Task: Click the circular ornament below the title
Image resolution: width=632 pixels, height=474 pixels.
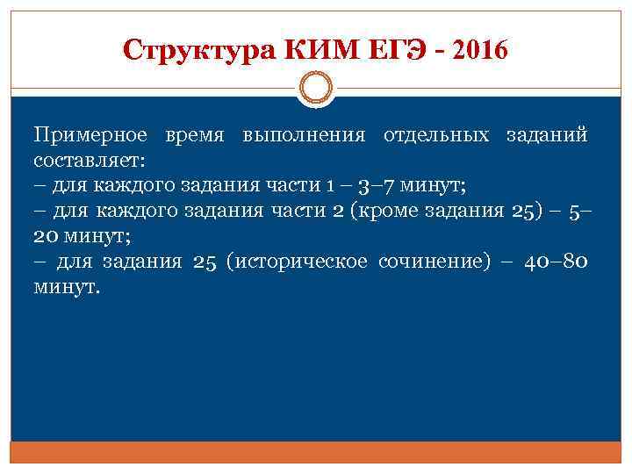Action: [x=315, y=90]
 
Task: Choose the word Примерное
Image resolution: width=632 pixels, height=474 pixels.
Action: [x=92, y=136]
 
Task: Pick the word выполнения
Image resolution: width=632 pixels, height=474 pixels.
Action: [x=304, y=136]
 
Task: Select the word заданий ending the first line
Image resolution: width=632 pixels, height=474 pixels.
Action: [x=547, y=136]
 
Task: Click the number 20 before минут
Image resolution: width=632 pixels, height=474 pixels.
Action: [x=47, y=237]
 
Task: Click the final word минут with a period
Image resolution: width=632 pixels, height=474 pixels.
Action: [x=68, y=287]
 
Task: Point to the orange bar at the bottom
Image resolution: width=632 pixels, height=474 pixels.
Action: [x=315, y=452]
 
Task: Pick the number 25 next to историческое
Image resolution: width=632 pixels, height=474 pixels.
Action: [x=204, y=262]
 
